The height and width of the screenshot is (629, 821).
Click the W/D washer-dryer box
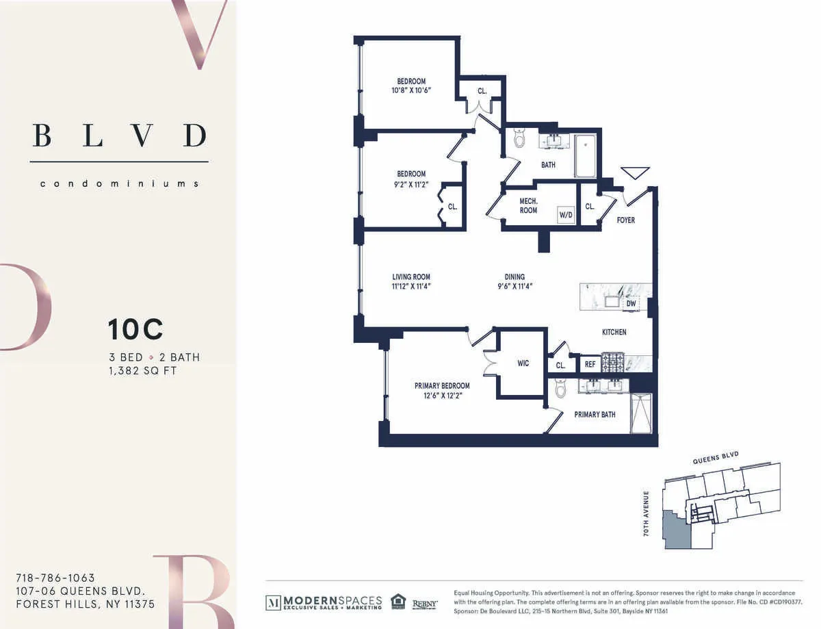pyautogui.click(x=566, y=215)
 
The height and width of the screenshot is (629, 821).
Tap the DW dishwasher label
pyautogui.click(x=631, y=303)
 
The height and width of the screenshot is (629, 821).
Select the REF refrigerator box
pyautogui.click(x=589, y=365)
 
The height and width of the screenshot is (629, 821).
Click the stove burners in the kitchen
pyautogui.click(x=612, y=363)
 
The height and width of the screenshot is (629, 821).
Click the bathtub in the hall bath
pyautogui.click(x=585, y=156)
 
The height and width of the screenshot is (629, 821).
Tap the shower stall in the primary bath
pyautogui.click(x=641, y=413)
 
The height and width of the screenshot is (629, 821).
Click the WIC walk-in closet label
pyautogui.click(x=523, y=363)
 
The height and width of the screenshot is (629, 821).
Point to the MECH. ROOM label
pyautogui.click(x=527, y=206)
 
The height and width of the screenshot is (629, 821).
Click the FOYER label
pyautogui.click(x=625, y=220)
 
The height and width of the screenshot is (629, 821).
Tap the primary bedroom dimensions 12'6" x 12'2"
pyautogui.click(x=442, y=395)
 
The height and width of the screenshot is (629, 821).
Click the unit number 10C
pyautogui.click(x=135, y=330)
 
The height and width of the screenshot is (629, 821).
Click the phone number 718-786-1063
pyautogui.click(x=55, y=578)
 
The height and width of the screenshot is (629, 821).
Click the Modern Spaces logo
pyautogui.click(x=324, y=602)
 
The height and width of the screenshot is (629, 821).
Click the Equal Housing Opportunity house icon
pyautogui.click(x=398, y=602)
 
